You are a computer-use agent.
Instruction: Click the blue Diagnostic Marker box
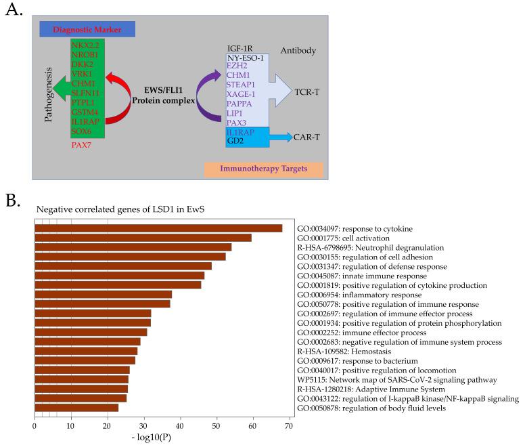click(x=87, y=29)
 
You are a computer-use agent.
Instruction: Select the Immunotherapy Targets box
click(x=263, y=169)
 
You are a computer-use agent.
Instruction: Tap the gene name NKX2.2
click(x=86, y=45)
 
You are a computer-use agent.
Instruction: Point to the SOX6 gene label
click(x=84, y=129)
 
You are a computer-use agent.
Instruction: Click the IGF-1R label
click(x=242, y=49)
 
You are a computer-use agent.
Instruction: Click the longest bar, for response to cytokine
click(x=158, y=228)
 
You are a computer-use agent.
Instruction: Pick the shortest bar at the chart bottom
click(x=76, y=408)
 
